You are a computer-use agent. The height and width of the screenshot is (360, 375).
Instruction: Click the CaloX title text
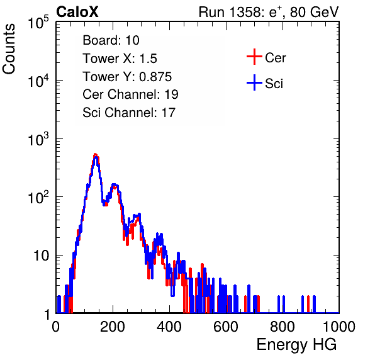click(77, 12)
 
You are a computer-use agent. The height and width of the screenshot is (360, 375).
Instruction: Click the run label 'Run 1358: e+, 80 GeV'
click(269, 12)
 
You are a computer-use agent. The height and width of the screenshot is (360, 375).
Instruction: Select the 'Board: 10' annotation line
click(111, 40)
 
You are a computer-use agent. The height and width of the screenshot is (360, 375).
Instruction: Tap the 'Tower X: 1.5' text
click(120, 59)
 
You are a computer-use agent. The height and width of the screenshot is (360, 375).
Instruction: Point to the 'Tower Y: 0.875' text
click(127, 77)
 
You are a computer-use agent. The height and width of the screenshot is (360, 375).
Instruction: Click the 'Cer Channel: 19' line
click(130, 94)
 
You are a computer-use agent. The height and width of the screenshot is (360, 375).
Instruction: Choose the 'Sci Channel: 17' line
click(129, 113)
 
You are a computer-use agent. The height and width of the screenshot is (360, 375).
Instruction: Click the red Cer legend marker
click(254, 57)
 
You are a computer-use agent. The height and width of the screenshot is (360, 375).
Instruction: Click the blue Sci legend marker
click(254, 82)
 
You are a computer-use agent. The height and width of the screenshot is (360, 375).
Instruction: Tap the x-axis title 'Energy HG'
click(296, 345)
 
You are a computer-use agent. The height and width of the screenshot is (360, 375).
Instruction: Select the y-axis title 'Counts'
click(9, 49)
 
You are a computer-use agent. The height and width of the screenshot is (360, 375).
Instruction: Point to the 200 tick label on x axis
click(113, 327)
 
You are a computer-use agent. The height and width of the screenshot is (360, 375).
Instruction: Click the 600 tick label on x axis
click(226, 327)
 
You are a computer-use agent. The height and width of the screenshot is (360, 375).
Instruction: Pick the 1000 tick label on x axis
click(339, 327)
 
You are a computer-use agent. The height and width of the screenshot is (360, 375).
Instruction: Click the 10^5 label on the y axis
click(38, 22)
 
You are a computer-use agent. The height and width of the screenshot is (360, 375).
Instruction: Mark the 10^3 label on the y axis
click(38, 139)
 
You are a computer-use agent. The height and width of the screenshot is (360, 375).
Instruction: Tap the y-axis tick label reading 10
click(41, 256)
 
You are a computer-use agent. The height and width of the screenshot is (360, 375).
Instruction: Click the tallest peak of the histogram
click(96, 155)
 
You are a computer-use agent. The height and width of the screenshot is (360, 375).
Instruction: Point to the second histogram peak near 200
click(115, 185)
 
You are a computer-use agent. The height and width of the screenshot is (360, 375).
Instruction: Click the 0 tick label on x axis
click(56, 327)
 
